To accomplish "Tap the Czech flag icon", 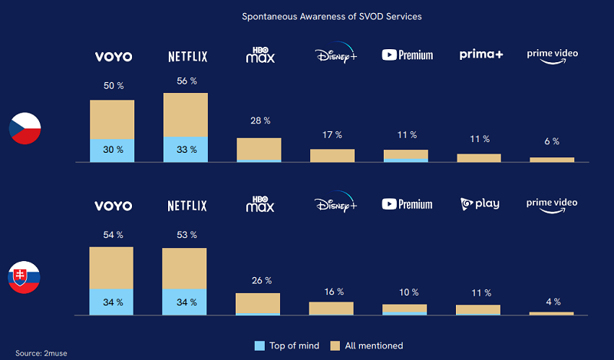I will click(x=25, y=128).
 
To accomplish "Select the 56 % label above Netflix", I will click(x=187, y=81).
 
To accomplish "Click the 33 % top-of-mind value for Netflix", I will click(x=186, y=150).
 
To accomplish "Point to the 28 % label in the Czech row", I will click(x=259, y=121).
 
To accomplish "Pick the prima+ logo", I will click(x=480, y=54).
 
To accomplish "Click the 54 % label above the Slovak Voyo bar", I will click(x=113, y=233).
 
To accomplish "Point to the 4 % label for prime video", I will click(x=551, y=301).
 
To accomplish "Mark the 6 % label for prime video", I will click(x=551, y=142).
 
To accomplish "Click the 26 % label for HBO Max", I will click(x=259, y=281).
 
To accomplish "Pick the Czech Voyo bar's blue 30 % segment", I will click(x=112, y=151).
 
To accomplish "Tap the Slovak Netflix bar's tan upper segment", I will click(x=184, y=268).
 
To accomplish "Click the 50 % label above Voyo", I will click(x=114, y=86).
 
